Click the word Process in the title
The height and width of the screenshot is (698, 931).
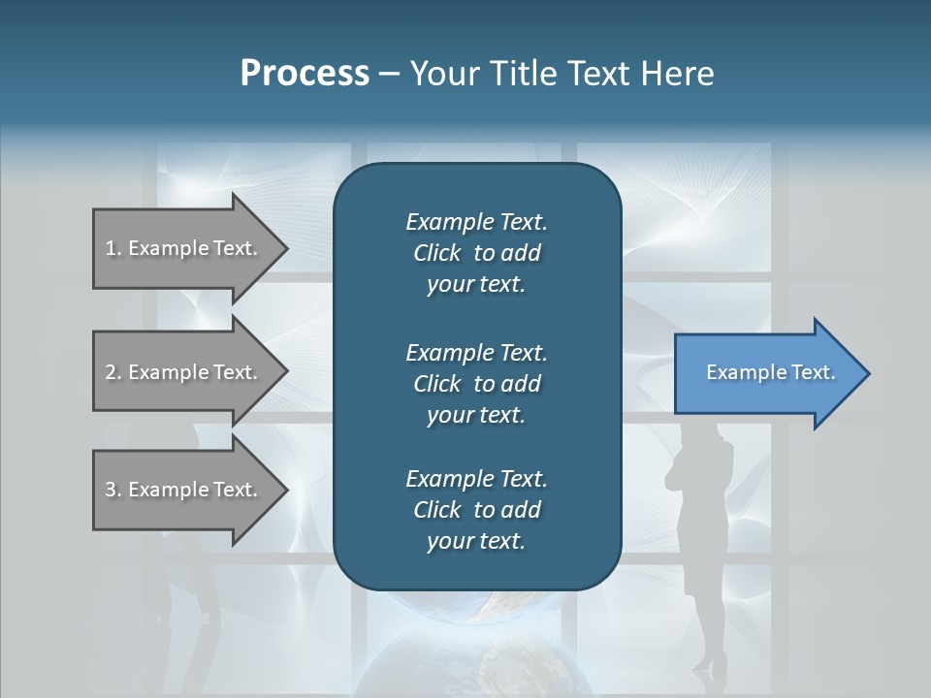[x=305, y=74]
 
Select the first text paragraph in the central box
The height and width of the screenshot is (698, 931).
[x=476, y=253]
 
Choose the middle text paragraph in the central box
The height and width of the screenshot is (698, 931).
[x=476, y=383]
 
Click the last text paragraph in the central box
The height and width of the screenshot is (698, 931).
[x=476, y=510]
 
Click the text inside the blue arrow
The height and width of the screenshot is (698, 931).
[x=771, y=372]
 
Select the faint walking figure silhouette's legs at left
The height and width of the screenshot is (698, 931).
[x=194, y=591]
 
